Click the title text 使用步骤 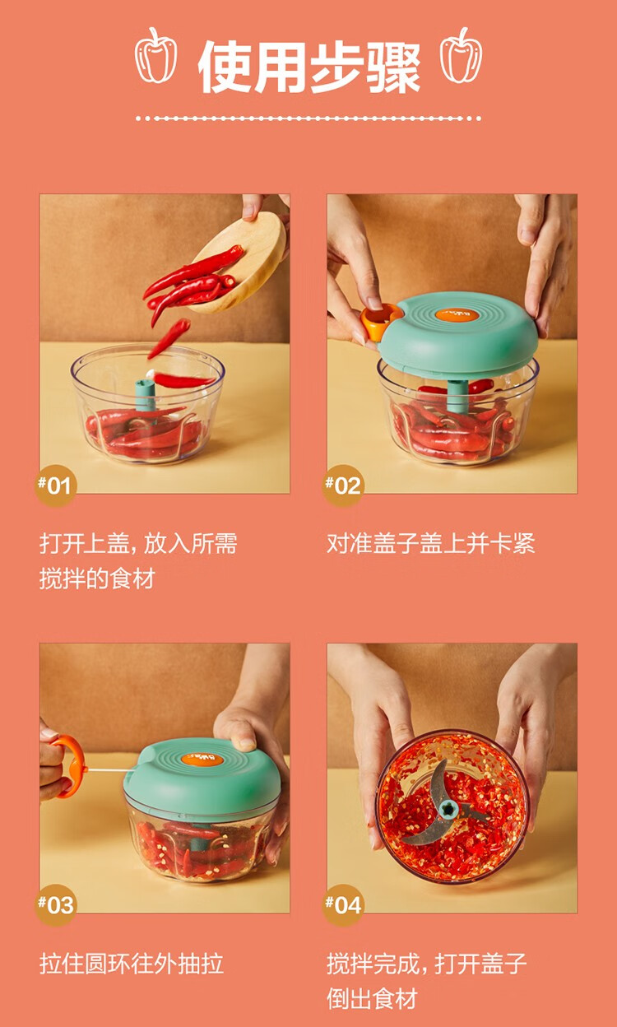309,67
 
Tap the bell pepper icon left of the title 155,55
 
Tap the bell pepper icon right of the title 462,55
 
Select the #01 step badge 55,486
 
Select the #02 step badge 343,486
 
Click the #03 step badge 55,905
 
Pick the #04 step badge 343,905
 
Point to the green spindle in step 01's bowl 146,397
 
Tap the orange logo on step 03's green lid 202,759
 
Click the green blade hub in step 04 448,810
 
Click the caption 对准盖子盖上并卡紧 431,543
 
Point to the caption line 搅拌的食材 97,579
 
